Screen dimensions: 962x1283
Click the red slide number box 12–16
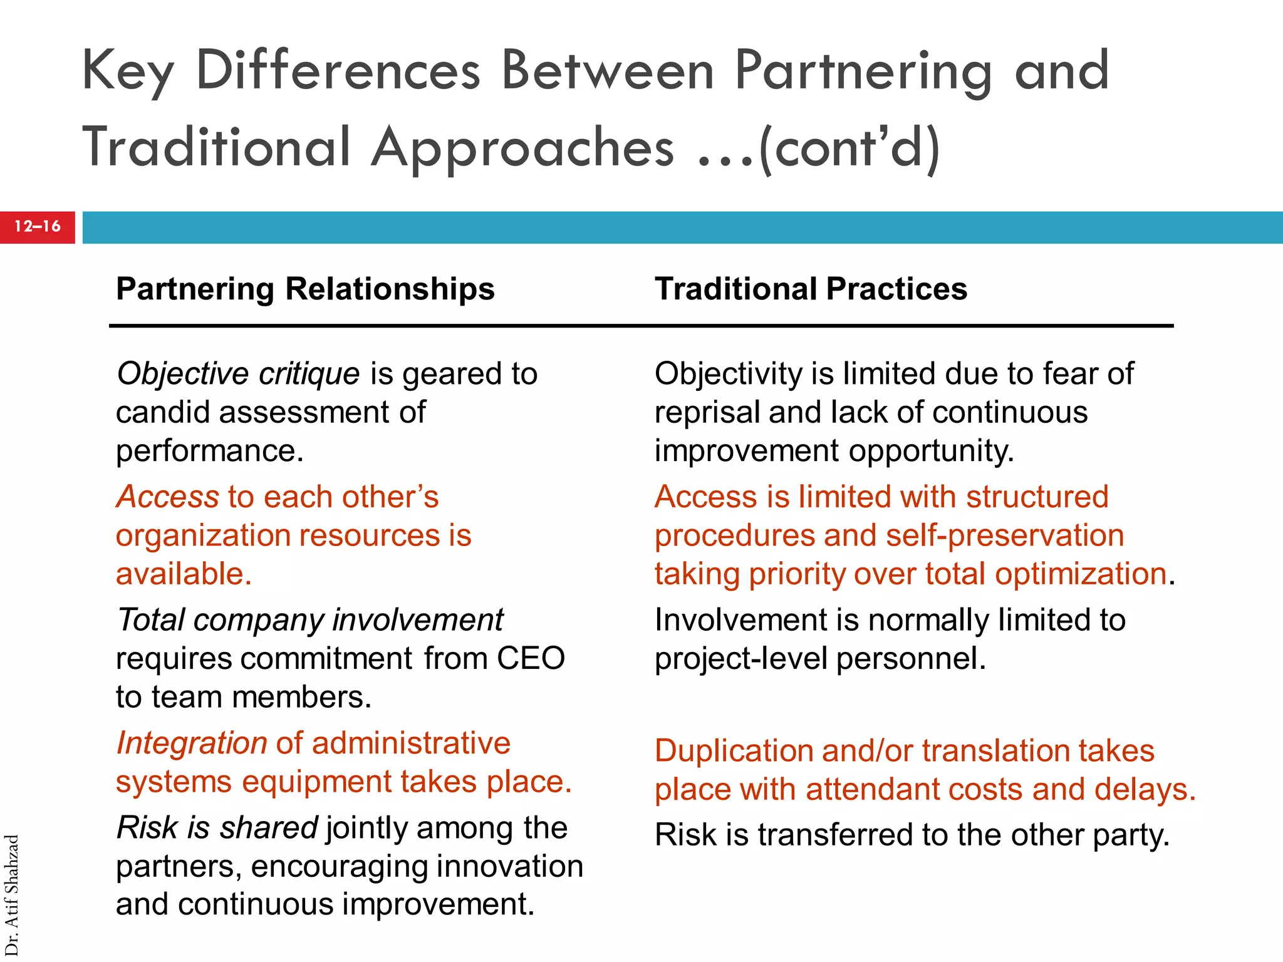tap(38, 227)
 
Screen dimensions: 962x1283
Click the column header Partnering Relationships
tap(305, 289)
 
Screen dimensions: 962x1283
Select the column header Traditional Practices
tap(811, 289)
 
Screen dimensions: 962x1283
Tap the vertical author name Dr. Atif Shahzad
tap(12, 895)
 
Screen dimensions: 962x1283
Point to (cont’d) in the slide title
tap(849, 148)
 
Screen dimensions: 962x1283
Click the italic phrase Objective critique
tap(238, 374)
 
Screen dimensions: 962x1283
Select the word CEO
tap(531, 659)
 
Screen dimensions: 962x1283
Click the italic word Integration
tap(192, 743)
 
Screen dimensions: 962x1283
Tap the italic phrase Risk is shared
tap(217, 828)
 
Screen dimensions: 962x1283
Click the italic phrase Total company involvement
tap(310, 620)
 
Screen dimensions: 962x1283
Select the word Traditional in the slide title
tap(216, 148)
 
